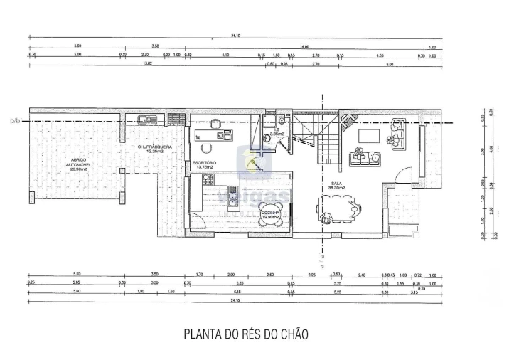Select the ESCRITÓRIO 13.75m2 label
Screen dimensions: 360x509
205,164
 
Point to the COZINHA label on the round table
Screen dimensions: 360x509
270,215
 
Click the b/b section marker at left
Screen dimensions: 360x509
14,121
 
